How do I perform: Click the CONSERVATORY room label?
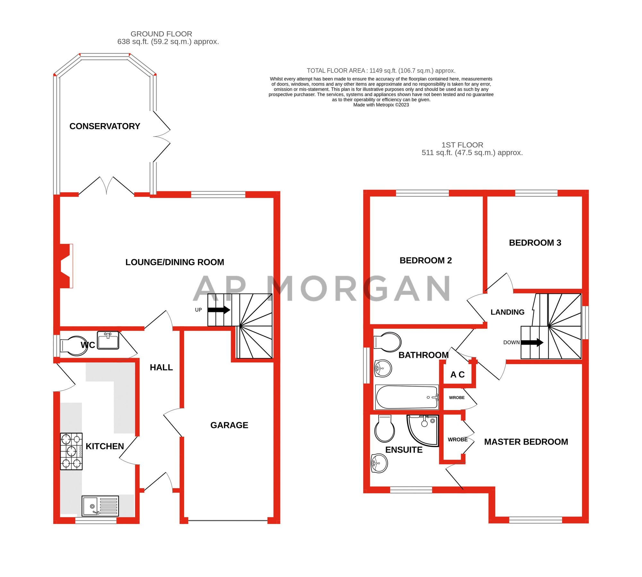(105, 126)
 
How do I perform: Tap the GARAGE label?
(229, 425)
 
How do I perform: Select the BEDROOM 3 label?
(535, 243)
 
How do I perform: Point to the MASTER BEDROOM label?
(526, 442)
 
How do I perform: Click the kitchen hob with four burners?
(71, 451)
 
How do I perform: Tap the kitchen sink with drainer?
(100, 506)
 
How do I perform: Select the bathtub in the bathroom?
(407, 397)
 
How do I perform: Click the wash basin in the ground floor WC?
(108, 340)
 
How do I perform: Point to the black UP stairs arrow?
(219, 310)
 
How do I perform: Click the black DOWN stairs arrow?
(532, 342)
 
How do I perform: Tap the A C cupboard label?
(457, 374)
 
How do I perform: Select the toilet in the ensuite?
(384, 429)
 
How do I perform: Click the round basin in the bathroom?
(383, 368)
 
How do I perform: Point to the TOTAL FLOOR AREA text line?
(381, 71)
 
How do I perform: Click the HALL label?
(161, 367)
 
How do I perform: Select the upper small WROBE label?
(457, 397)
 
